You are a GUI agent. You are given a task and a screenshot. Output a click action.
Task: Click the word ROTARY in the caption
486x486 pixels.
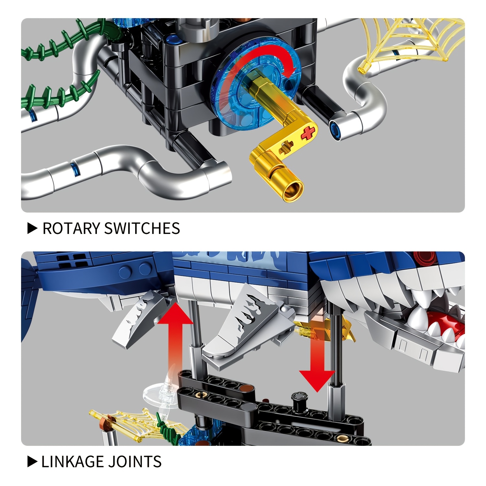(x=71, y=228)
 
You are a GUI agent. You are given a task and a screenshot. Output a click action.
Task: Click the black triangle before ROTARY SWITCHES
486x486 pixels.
(x=32, y=228)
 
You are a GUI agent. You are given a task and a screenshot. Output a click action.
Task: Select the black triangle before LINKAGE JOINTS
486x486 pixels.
(x=32, y=462)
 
